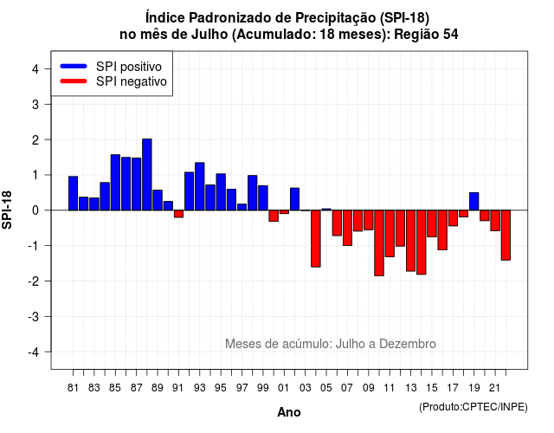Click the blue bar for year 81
(73, 193)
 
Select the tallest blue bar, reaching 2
(147, 175)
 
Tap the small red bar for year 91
(179, 214)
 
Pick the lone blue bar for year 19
(474, 202)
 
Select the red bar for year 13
(411, 241)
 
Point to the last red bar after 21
(506, 235)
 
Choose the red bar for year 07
(347, 228)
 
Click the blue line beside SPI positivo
(74, 66)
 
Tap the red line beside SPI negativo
(74, 81)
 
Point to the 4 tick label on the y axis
(35, 69)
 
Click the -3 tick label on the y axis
(33, 316)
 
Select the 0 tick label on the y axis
(35, 210)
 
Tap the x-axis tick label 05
(326, 388)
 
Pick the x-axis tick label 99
(263, 388)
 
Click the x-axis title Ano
(289, 412)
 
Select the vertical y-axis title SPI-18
(7, 210)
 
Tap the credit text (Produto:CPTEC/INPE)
(473, 407)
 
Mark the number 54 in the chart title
(450, 35)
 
